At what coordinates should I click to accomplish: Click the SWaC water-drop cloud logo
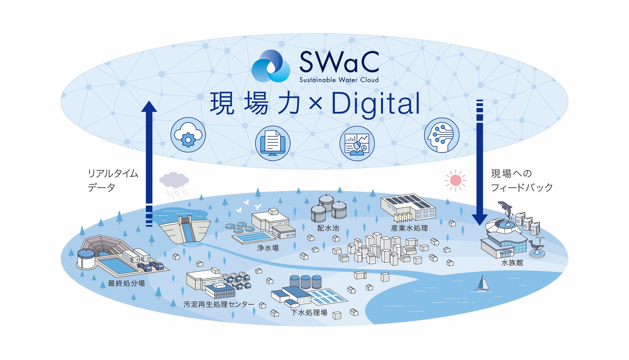tap(271, 66)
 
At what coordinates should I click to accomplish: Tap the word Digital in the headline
tap(376, 104)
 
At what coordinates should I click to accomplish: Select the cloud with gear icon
tap(188, 135)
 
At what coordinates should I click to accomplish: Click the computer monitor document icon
tap(273, 143)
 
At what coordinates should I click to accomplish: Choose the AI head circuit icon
tap(441, 135)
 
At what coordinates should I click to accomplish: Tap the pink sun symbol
tap(455, 180)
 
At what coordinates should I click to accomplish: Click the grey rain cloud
tap(174, 180)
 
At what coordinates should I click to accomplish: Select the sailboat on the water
tap(482, 284)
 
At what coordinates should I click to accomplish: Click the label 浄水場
tap(268, 248)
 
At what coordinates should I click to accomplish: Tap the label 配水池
tap(328, 228)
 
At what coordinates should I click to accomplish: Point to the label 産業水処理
tap(409, 228)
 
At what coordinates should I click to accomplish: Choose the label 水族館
tap(512, 263)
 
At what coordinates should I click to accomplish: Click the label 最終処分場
tap(126, 283)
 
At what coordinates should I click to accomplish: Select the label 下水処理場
tap(309, 312)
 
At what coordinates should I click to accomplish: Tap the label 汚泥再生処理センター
tap(219, 304)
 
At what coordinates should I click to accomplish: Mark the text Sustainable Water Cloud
tap(339, 80)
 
